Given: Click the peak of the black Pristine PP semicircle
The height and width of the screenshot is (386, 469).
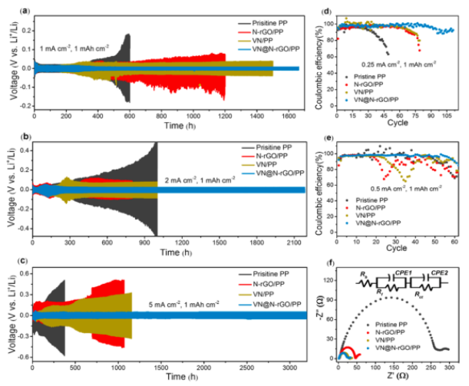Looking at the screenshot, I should (x=394, y=298).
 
